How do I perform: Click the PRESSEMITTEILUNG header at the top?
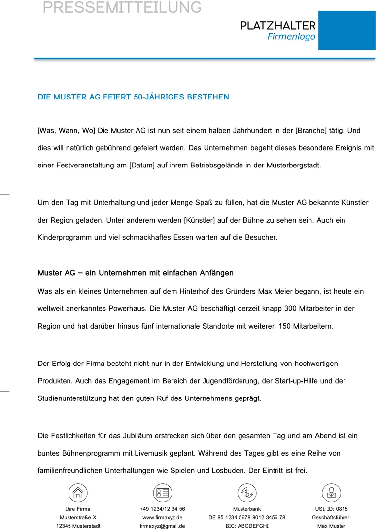(x=122, y=7)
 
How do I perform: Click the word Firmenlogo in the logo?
(x=291, y=37)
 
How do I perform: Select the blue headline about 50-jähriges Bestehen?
(x=133, y=97)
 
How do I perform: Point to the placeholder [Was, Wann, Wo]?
(x=66, y=131)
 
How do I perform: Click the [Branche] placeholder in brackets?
(x=310, y=131)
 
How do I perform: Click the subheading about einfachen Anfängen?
(x=136, y=273)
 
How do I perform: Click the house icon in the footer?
(x=78, y=493)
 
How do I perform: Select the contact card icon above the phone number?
(x=162, y=493)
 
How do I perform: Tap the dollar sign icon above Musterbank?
(x=246, y=493)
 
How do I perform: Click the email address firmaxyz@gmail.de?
(x=162, y=526)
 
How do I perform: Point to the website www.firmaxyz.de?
(x=162, y=517)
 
